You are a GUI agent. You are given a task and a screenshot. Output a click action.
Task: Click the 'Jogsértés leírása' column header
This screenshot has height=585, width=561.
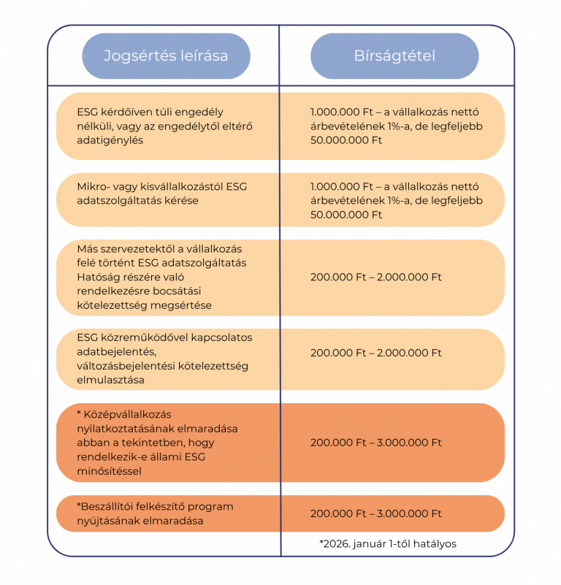pyautogui.click(x=166, y=56)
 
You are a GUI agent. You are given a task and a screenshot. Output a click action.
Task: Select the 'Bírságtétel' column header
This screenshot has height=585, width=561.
pyautogui.click(x=394, y=56)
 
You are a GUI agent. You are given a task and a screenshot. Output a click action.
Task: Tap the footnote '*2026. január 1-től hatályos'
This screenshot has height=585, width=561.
pyautogui.click(x=388, y=543)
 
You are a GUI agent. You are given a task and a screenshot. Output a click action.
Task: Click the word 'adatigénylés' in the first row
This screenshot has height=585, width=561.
pyautogui.click(x=110, y=140)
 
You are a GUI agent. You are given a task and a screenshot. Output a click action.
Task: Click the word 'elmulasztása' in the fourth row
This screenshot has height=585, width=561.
pyautogui.click(x=110, y=380)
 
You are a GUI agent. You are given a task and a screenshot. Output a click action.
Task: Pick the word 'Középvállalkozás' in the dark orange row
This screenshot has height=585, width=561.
pyautogui.click(x=127, y=415)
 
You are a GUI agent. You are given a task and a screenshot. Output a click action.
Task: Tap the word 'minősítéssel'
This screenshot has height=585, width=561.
pyautogui.click(x=109, y=471)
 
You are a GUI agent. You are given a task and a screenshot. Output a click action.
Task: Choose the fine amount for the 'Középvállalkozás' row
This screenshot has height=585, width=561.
pyautogui.click(x=376, y=443)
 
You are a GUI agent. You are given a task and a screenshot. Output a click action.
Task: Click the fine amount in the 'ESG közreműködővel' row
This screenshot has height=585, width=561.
pyautogui.click(x=376, y=353)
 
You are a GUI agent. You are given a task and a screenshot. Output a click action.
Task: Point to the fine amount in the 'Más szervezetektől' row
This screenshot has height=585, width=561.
pyautogui.click(x=376, y=278)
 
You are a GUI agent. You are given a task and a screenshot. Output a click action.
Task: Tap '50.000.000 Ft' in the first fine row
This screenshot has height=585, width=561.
pyautogui.click(x=346, y=140)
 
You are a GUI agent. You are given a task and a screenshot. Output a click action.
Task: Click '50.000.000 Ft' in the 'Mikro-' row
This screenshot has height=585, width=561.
pyautogui.click(x=346, y=215)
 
